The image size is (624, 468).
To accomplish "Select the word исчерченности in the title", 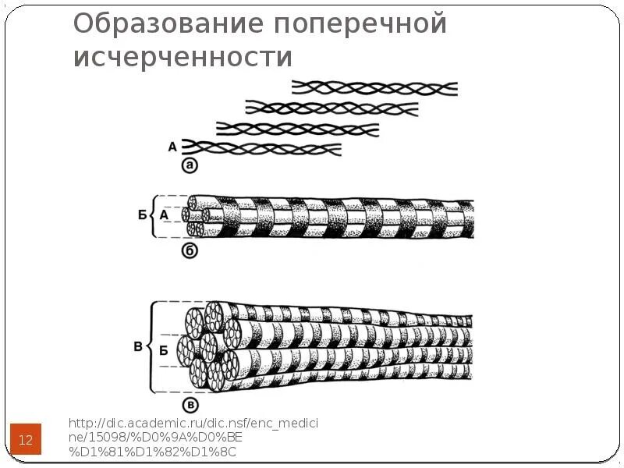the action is pyautogui.click(x=183, y=57).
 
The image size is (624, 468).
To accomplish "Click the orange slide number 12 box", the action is pyautogui.click(x=26, y=440).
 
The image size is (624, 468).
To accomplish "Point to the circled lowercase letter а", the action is pyautogui.click(x=189, y=165).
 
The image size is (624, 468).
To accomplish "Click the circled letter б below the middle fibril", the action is pyautogui.click(x=189, y=250).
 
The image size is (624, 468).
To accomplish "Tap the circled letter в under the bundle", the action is pyautogui.click(x=190, y=404).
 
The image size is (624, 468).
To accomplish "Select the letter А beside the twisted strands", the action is pyautogui.click(x=172, y=146).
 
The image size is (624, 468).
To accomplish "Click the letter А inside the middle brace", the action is pyautogui.click(x=164, y=214).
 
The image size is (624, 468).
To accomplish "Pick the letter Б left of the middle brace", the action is pyautogui.click(x=142, y=214).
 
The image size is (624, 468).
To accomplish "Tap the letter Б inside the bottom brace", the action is pyautogui.click(x=163, y=350).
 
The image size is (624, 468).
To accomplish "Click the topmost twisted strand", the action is pyautogui.click(x=374, y=88).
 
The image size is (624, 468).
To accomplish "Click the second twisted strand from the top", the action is pyautogui.click(x=328, y=108).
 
